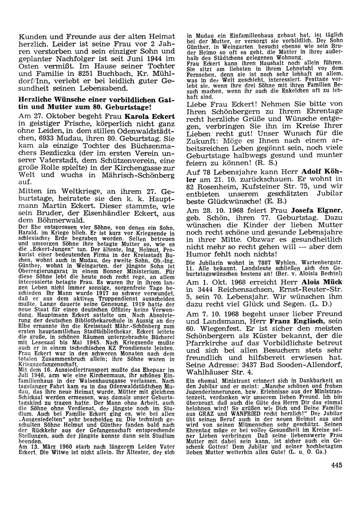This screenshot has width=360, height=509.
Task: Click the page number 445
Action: click(337, 465)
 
